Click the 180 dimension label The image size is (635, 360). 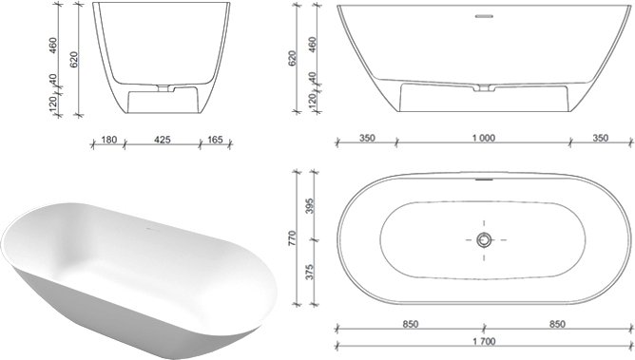[x=109, y=140]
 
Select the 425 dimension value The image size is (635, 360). [x=163, y=140]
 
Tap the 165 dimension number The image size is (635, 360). [x=215, y=140]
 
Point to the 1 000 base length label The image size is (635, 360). [x=484, y=139]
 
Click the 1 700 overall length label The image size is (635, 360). [x=484, y=342]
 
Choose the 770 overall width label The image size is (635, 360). [x=293, y=237]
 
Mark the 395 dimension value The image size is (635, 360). [x=310, y=206]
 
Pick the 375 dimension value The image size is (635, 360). [x=310, y=272]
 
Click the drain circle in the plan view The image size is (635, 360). [x=484, y=240]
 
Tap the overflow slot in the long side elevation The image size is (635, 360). [x=484, y=16]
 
